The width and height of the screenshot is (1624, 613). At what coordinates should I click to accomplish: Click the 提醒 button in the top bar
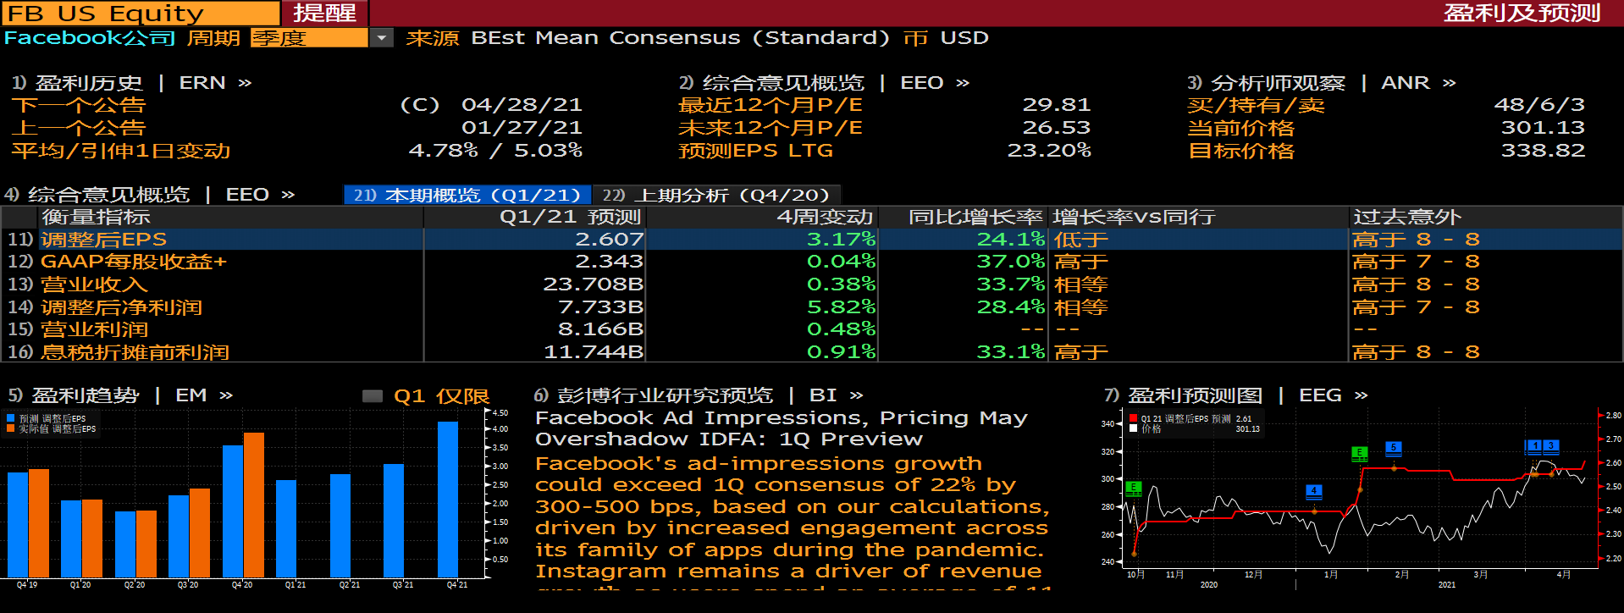[x=324, y=13]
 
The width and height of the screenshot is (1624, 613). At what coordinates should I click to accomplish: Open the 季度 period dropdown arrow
[x=382, y=38]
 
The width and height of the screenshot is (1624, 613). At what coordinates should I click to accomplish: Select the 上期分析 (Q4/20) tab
[x=716, y=196]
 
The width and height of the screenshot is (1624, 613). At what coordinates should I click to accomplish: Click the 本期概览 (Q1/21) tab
[x=467, y=196]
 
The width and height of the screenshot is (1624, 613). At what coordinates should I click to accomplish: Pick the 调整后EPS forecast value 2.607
[x=609, y=240]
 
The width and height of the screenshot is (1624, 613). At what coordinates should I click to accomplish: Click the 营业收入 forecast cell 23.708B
[x=593, y=284]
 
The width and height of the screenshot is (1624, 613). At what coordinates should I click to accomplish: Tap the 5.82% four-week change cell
[x=841, y=306]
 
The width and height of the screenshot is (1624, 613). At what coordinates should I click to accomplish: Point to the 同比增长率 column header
[x=963, y=218]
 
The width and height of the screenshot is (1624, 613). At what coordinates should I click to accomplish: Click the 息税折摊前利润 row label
[x=135, y=352]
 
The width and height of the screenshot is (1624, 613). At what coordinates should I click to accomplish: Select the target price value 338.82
[x=1543, y=151]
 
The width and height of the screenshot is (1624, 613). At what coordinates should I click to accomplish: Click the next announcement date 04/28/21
[x=522, y=105]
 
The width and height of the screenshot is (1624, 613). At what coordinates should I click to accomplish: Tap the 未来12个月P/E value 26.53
[x=1056, y=128]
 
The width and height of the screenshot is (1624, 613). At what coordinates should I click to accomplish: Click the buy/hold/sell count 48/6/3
[x=1538, y=105]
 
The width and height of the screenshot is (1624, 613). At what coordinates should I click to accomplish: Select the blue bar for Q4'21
[x=448, y=500]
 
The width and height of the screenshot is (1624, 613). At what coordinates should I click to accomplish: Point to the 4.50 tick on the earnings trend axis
[x=500, y=413]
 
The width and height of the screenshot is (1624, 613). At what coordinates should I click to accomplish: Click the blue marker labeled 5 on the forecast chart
[x=1393, y=448]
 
